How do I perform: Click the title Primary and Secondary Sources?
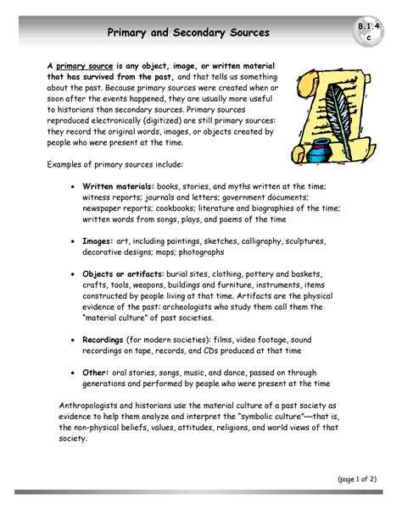tap(188, 33)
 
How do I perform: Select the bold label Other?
tap(96, 373)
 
